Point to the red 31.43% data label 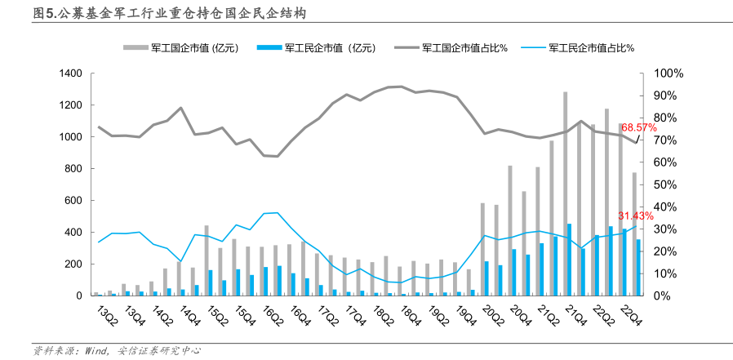(636, 216)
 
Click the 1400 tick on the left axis (71, 74)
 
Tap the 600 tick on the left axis (74, 201)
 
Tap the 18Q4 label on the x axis (411, 313)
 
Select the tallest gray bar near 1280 (565, 193)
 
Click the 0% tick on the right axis (656, 296)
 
